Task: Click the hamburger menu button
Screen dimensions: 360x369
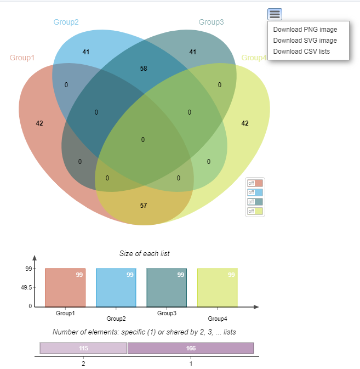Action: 275,14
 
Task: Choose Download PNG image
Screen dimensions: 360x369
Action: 305,30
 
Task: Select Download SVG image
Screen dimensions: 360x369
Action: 305,41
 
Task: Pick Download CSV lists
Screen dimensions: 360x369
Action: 301,52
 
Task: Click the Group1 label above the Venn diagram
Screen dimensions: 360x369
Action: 22,58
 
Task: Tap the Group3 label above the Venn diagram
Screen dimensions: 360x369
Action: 211,22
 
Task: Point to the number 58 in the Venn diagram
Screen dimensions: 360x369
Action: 144,69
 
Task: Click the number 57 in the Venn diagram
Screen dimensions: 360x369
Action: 144,206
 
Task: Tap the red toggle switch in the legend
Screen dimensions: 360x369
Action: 255,183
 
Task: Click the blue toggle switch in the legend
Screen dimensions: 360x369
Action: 255,192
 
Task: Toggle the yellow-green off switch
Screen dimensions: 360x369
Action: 255,211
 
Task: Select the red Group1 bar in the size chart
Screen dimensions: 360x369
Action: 65,287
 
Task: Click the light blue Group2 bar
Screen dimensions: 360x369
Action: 116,287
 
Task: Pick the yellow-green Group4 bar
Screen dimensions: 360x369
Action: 218,287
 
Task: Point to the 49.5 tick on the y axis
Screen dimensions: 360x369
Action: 26,287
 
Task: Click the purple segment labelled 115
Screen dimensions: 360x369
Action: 83,348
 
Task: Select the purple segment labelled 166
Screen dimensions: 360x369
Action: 191,348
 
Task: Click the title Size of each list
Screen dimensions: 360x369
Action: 144,253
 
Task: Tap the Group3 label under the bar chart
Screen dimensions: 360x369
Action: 167,313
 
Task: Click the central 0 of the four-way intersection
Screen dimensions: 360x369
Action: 142,140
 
